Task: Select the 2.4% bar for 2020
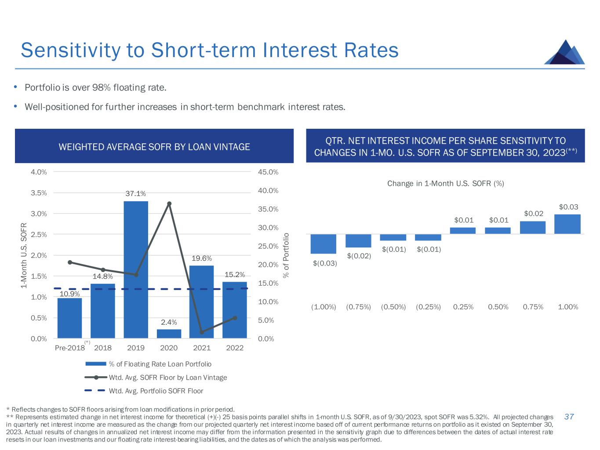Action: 169,334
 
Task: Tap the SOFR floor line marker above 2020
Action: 169,203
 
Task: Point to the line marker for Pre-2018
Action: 70,262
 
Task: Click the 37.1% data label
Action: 136,194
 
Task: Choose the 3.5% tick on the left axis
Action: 39,192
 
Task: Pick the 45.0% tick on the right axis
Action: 268,172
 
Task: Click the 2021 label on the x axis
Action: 202,348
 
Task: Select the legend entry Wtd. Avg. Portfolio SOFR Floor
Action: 156,391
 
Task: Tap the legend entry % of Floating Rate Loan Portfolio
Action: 160,364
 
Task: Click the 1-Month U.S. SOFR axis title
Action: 25,255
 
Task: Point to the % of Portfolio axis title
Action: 286,255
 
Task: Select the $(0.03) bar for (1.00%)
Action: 323,244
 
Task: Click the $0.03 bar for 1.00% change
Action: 567,224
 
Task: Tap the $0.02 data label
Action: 534,214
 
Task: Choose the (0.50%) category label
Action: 393,307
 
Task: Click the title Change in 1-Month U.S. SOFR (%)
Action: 445,183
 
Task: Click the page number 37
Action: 569,417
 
